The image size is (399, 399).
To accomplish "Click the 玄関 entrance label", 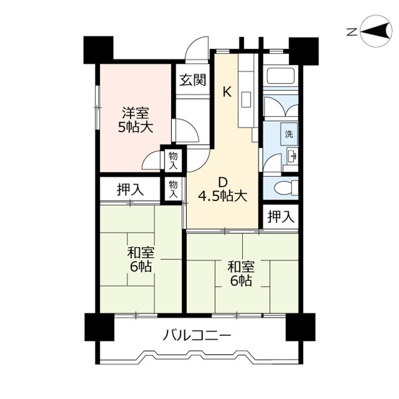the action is coord(193,80).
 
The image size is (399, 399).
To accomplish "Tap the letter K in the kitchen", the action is coord(227,92).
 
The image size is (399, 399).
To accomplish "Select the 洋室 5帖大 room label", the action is coord(135,120).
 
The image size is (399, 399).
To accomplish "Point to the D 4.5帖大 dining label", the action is coord(223,190).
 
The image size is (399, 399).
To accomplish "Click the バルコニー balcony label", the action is coord(197,335).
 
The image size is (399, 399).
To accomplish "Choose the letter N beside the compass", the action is coord(352,32).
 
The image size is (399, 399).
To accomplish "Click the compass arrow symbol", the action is coord(376,31).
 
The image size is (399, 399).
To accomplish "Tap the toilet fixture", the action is coord(287,188).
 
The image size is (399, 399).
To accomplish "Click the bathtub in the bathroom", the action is coord(280,76).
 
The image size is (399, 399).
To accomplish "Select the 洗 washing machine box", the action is coord(289,134).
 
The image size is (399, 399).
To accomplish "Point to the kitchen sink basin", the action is coord(246,100).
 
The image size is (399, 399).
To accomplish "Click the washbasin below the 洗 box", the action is coord(292,155).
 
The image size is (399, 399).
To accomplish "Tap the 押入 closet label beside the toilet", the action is coord(280,217).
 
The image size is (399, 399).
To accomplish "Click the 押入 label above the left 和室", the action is coord(130,190).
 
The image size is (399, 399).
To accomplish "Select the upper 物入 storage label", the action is coord(173,160).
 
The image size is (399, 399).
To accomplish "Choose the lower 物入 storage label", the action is coord(173,190).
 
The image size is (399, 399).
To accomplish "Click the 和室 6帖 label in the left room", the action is coord(141,259).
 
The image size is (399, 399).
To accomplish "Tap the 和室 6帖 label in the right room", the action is coord(241,273).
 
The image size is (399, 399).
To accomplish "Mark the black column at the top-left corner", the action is coord(99,50).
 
